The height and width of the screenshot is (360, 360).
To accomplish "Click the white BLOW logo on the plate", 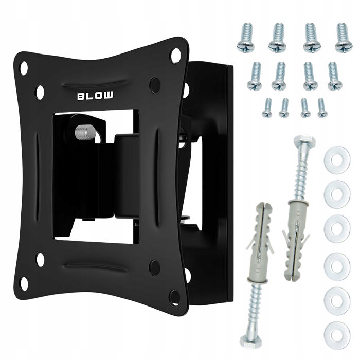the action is click(95, 96).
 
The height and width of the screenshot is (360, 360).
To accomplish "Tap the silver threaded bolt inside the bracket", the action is click(85, 133).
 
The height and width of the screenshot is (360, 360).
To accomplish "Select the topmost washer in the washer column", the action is click(337, 160).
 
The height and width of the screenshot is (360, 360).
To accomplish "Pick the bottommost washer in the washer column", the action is click(337, 334).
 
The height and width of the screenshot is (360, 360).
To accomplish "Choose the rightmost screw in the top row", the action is click(344, 38).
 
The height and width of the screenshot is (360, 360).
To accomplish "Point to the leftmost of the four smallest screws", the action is click(267, 108).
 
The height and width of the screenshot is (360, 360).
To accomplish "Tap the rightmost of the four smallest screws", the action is click(322, 108).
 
